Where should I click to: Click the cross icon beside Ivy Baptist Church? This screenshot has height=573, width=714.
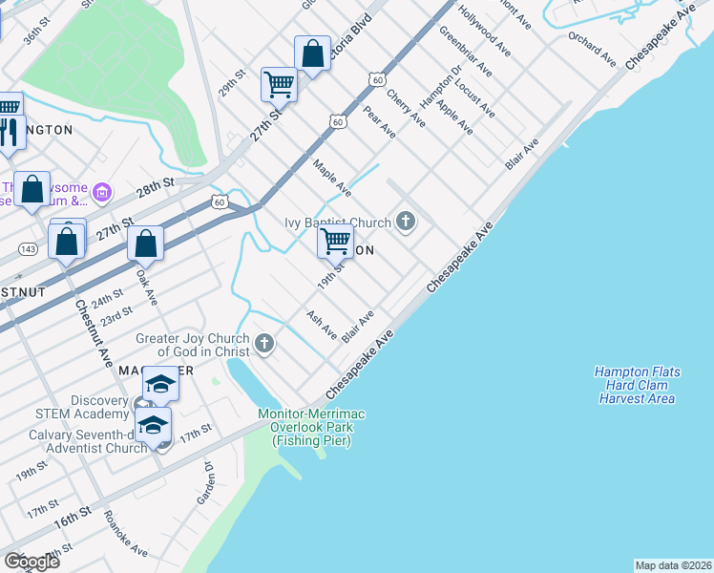tap(406, 223)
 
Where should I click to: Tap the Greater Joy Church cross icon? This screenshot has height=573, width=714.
tap(264, 342)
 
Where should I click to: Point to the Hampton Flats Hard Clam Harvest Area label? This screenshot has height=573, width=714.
tap(634, 385)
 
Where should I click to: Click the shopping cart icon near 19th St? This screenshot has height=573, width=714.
tap(335, 243)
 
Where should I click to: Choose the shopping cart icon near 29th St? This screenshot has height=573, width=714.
tap(279, 85)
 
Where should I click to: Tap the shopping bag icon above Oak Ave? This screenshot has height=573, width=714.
tap(145, 245)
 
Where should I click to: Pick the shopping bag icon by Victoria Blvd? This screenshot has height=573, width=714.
tap(312, 54)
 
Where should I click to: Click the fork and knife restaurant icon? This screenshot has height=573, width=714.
tap(10, 133)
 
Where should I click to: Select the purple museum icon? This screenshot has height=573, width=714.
tap(102, 194)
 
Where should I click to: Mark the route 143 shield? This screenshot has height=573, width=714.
tap(28, 248)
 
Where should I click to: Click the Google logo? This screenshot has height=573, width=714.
tap(31, 562)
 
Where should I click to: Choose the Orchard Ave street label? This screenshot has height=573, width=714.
tap(593, 48)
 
